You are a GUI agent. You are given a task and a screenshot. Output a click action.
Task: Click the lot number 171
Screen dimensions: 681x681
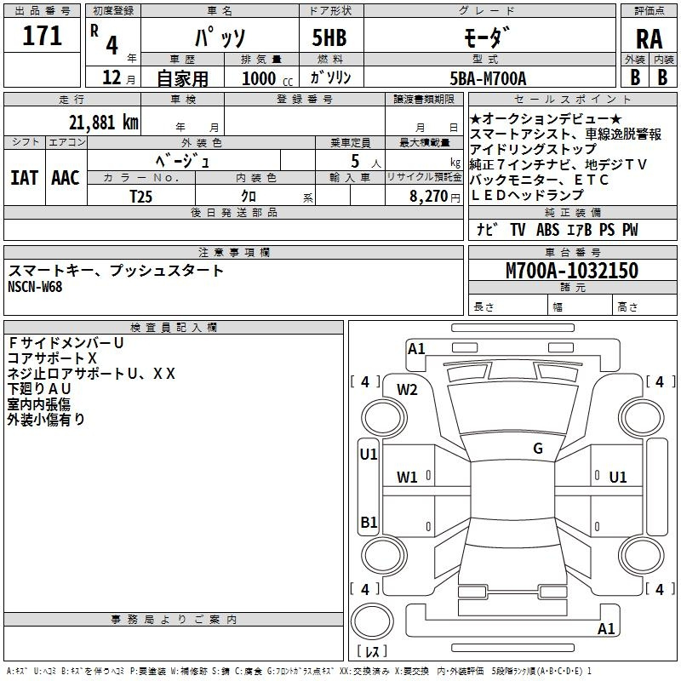[43, 36]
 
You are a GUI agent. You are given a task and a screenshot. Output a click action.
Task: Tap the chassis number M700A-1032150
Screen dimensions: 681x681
[571, 271]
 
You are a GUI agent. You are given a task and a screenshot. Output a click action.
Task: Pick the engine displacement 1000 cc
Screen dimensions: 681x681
[265, 78]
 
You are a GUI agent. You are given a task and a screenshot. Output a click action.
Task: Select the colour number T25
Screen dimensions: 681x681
[141, 196]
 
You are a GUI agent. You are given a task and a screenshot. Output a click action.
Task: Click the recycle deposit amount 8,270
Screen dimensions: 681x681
[435, 196]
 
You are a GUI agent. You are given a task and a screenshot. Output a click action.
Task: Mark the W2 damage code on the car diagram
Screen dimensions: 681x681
[407, 389]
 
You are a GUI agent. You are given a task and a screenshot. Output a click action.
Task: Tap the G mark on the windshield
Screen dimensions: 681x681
[537, 449]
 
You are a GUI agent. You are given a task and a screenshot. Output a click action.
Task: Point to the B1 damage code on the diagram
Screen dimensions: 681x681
[369, 522]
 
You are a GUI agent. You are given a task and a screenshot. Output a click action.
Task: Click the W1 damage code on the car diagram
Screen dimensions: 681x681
[407, 478]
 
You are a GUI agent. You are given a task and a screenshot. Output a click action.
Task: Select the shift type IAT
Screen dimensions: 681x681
[24, 178]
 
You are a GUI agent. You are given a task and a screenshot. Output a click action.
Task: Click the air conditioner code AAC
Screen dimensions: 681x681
[65, 178]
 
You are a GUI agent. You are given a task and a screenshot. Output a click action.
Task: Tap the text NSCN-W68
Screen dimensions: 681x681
[35, 286]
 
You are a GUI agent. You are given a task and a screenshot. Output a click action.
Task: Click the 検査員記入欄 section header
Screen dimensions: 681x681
[174, 327]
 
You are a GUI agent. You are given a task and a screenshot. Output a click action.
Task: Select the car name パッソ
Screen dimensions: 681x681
[219, 37]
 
